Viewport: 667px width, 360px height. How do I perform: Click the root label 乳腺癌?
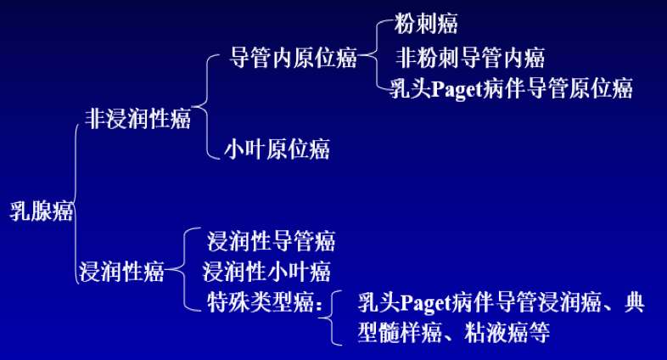pyautogui.click(x=41, y=212)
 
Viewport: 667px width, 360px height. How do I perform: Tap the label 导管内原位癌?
pyautogui.click(x=293, y=59)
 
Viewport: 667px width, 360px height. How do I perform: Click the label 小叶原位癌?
pyautogui.click(x=277, y=149)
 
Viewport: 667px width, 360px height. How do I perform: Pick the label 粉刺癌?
pyautogui.click(x=428, y=24)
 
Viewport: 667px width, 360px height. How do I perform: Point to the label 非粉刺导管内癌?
pyautogui.click(x=470, y=59)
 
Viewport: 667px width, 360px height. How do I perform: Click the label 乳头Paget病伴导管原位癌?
pyautogui.click(x=512, y=88)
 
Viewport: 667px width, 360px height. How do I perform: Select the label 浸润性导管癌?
pyautogui.click(x=272, y=241)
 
